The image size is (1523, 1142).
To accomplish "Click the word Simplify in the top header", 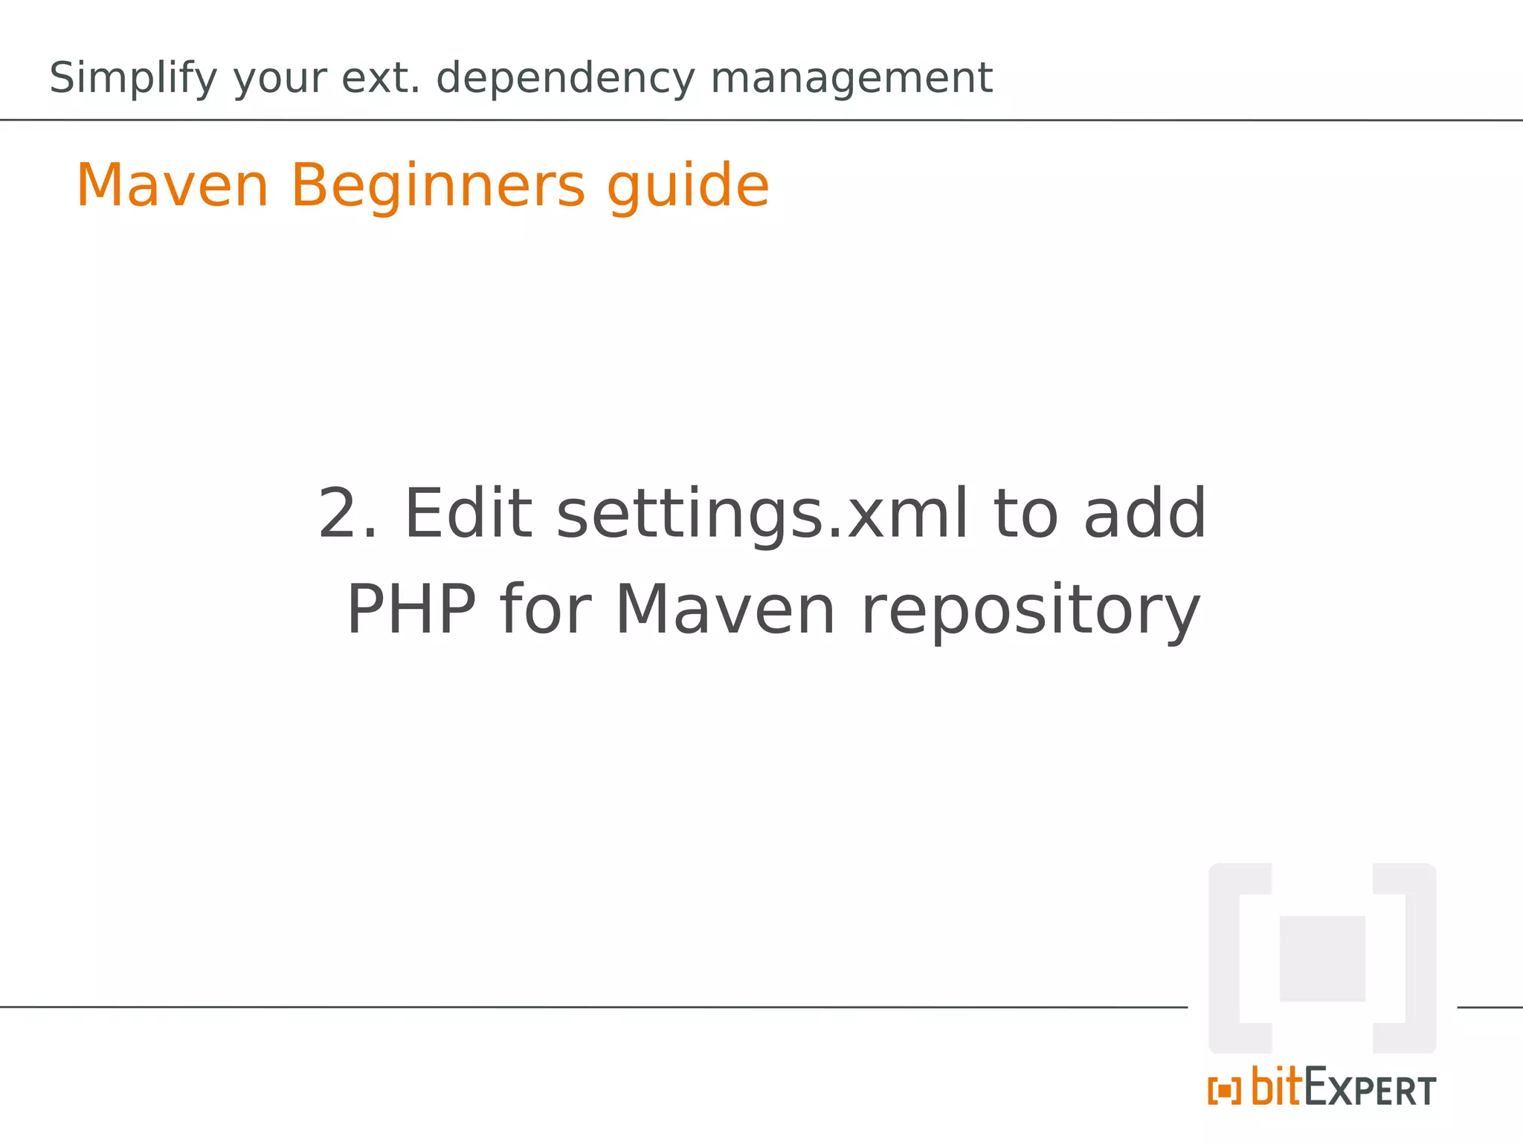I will pos(133,79).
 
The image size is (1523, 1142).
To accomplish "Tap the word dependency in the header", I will pos(565,79).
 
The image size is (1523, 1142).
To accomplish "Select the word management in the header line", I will pos(851,79).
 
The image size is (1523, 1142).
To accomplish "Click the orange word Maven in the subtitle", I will pos(173,186).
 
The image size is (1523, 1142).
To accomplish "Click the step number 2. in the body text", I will pos(347,514).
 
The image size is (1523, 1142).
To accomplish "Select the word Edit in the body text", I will pos(468,514).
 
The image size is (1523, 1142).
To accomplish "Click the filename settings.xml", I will pos(762,515).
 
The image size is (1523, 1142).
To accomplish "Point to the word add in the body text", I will pos(1144,514).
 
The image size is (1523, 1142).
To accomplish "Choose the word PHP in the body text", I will pos(411,610).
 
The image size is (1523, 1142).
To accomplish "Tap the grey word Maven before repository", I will pos(726,610).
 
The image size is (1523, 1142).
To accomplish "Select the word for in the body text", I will pos(546,610).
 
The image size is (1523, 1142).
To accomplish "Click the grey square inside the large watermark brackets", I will pos(1321,958).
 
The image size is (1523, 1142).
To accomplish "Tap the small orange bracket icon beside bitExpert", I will pos(1224,1091).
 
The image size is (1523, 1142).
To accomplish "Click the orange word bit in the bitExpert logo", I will pos(1278,1086).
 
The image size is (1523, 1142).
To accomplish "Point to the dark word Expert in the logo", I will pos(1370,1089).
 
